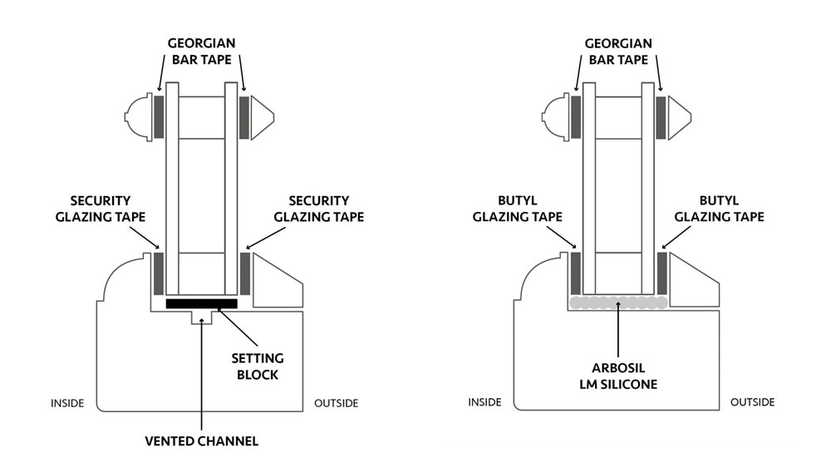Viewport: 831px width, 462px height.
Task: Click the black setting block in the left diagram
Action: (x=201, y=303)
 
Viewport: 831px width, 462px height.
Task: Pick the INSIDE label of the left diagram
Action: (x=67, y=404)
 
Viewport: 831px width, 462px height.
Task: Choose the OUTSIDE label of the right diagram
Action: (x=752, y=402)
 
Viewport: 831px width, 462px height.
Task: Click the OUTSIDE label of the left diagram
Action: (x=336, y=404)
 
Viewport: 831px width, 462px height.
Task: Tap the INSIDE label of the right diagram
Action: (x=484, y=402)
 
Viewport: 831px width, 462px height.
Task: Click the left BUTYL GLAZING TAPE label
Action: (x=518, y=209)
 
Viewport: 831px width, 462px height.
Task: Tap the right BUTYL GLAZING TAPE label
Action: (x=719, y=209)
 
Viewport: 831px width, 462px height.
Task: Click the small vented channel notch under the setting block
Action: (x=203, y=317)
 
